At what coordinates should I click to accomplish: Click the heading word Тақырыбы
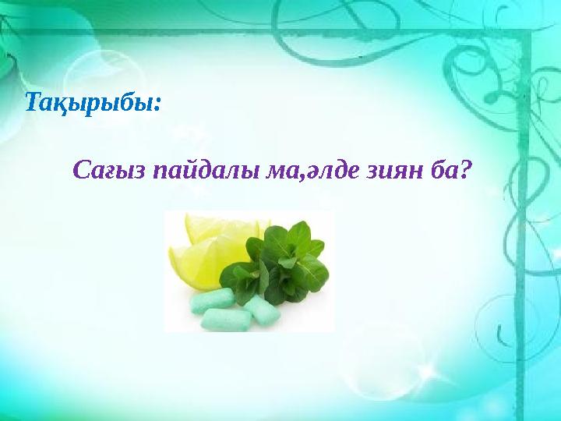(90, 103)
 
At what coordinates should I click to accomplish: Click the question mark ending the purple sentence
(465, 169)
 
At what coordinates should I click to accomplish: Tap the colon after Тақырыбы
(159, 106)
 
